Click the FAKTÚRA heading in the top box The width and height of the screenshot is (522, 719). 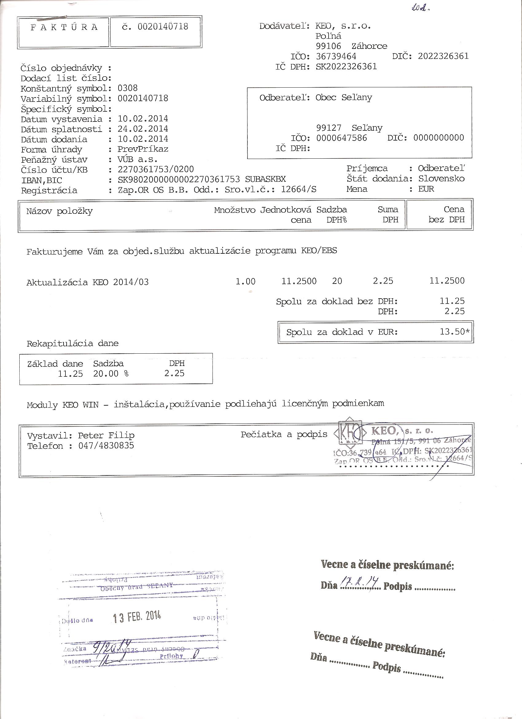(x=64, y=27)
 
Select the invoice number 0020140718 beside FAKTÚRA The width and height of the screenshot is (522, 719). (x=163, y=27)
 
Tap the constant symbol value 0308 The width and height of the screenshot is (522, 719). (x=127, y=88)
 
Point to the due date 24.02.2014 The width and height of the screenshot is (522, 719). (x=143, y=129)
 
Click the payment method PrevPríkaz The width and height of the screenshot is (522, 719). (x=143, y=149)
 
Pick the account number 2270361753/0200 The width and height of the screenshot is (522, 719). (x=155, y=170)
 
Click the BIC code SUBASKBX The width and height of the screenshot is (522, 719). (x=265, y=179)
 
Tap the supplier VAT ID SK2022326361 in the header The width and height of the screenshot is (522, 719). (x=346, y=66)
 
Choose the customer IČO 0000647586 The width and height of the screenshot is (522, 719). (x=341, y=138)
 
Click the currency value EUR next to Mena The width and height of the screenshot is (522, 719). (x=426, y=189)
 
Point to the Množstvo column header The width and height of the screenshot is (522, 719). (x=235, y=210)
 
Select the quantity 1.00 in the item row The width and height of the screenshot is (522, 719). (x=245, y=281)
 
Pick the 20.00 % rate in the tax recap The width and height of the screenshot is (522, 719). (x=111, y=374)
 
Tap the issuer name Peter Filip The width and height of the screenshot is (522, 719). (x=106, y=435)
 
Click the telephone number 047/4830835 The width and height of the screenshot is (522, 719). (x=106, y=446)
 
